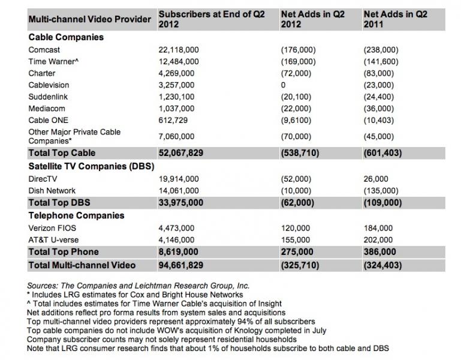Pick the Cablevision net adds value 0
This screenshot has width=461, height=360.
coord(283,85)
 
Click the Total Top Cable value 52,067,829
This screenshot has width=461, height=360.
coord(180,153)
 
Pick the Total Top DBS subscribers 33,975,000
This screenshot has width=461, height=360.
coord(180,202)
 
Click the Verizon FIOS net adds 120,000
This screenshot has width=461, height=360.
coord(294,228)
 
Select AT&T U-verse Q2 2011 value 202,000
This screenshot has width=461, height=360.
coord(378,240)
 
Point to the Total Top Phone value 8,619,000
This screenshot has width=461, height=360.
coord(178,251)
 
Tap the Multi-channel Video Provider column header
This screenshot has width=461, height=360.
coord(90,19)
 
